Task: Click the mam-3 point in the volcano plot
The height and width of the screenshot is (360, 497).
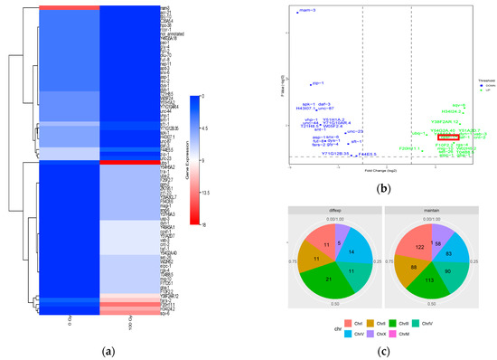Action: click(x=295, y=13)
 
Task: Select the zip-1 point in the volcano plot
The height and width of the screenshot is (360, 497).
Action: click(x=311, y=84)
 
